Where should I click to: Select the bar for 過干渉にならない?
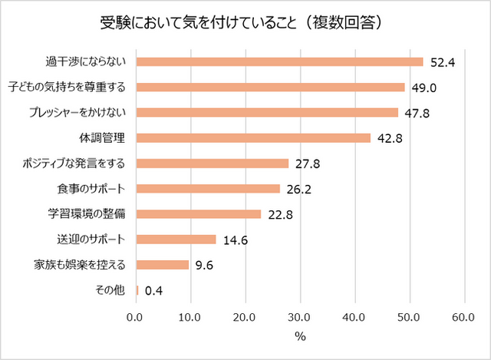point(279,61)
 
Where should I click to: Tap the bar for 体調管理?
point(253,138)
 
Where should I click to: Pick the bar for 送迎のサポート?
point(176,239)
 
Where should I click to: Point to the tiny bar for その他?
point(137,290)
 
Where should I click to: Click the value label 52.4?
point(443,62)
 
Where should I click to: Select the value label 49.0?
point(423,88)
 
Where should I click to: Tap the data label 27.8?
point(308,163)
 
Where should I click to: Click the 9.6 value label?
point(205,265)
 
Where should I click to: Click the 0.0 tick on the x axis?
point(136,317)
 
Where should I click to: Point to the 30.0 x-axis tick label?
point(300,317)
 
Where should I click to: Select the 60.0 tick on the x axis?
point(463,317)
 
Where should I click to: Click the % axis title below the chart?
point(300,336)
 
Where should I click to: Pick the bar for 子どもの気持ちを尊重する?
point(270,87)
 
